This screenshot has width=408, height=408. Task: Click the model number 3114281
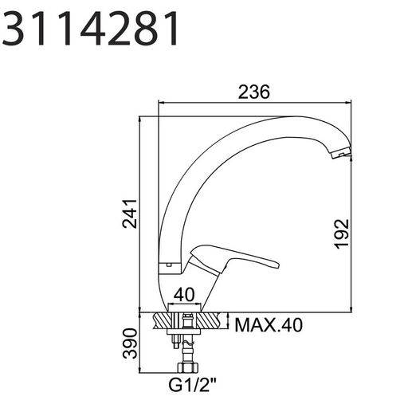[90, 29]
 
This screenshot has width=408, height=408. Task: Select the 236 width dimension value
[253, 92]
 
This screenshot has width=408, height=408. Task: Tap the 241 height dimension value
[130, 214]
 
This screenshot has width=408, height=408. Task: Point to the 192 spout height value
[341, 233]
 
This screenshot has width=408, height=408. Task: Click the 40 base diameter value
[184, 295]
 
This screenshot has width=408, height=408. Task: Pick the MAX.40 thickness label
[269, 325]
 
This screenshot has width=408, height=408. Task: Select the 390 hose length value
[130, 343]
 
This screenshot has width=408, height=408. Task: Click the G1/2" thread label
[193, 385]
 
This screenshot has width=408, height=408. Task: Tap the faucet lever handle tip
[277, 265]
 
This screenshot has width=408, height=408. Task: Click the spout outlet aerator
[340, 155]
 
